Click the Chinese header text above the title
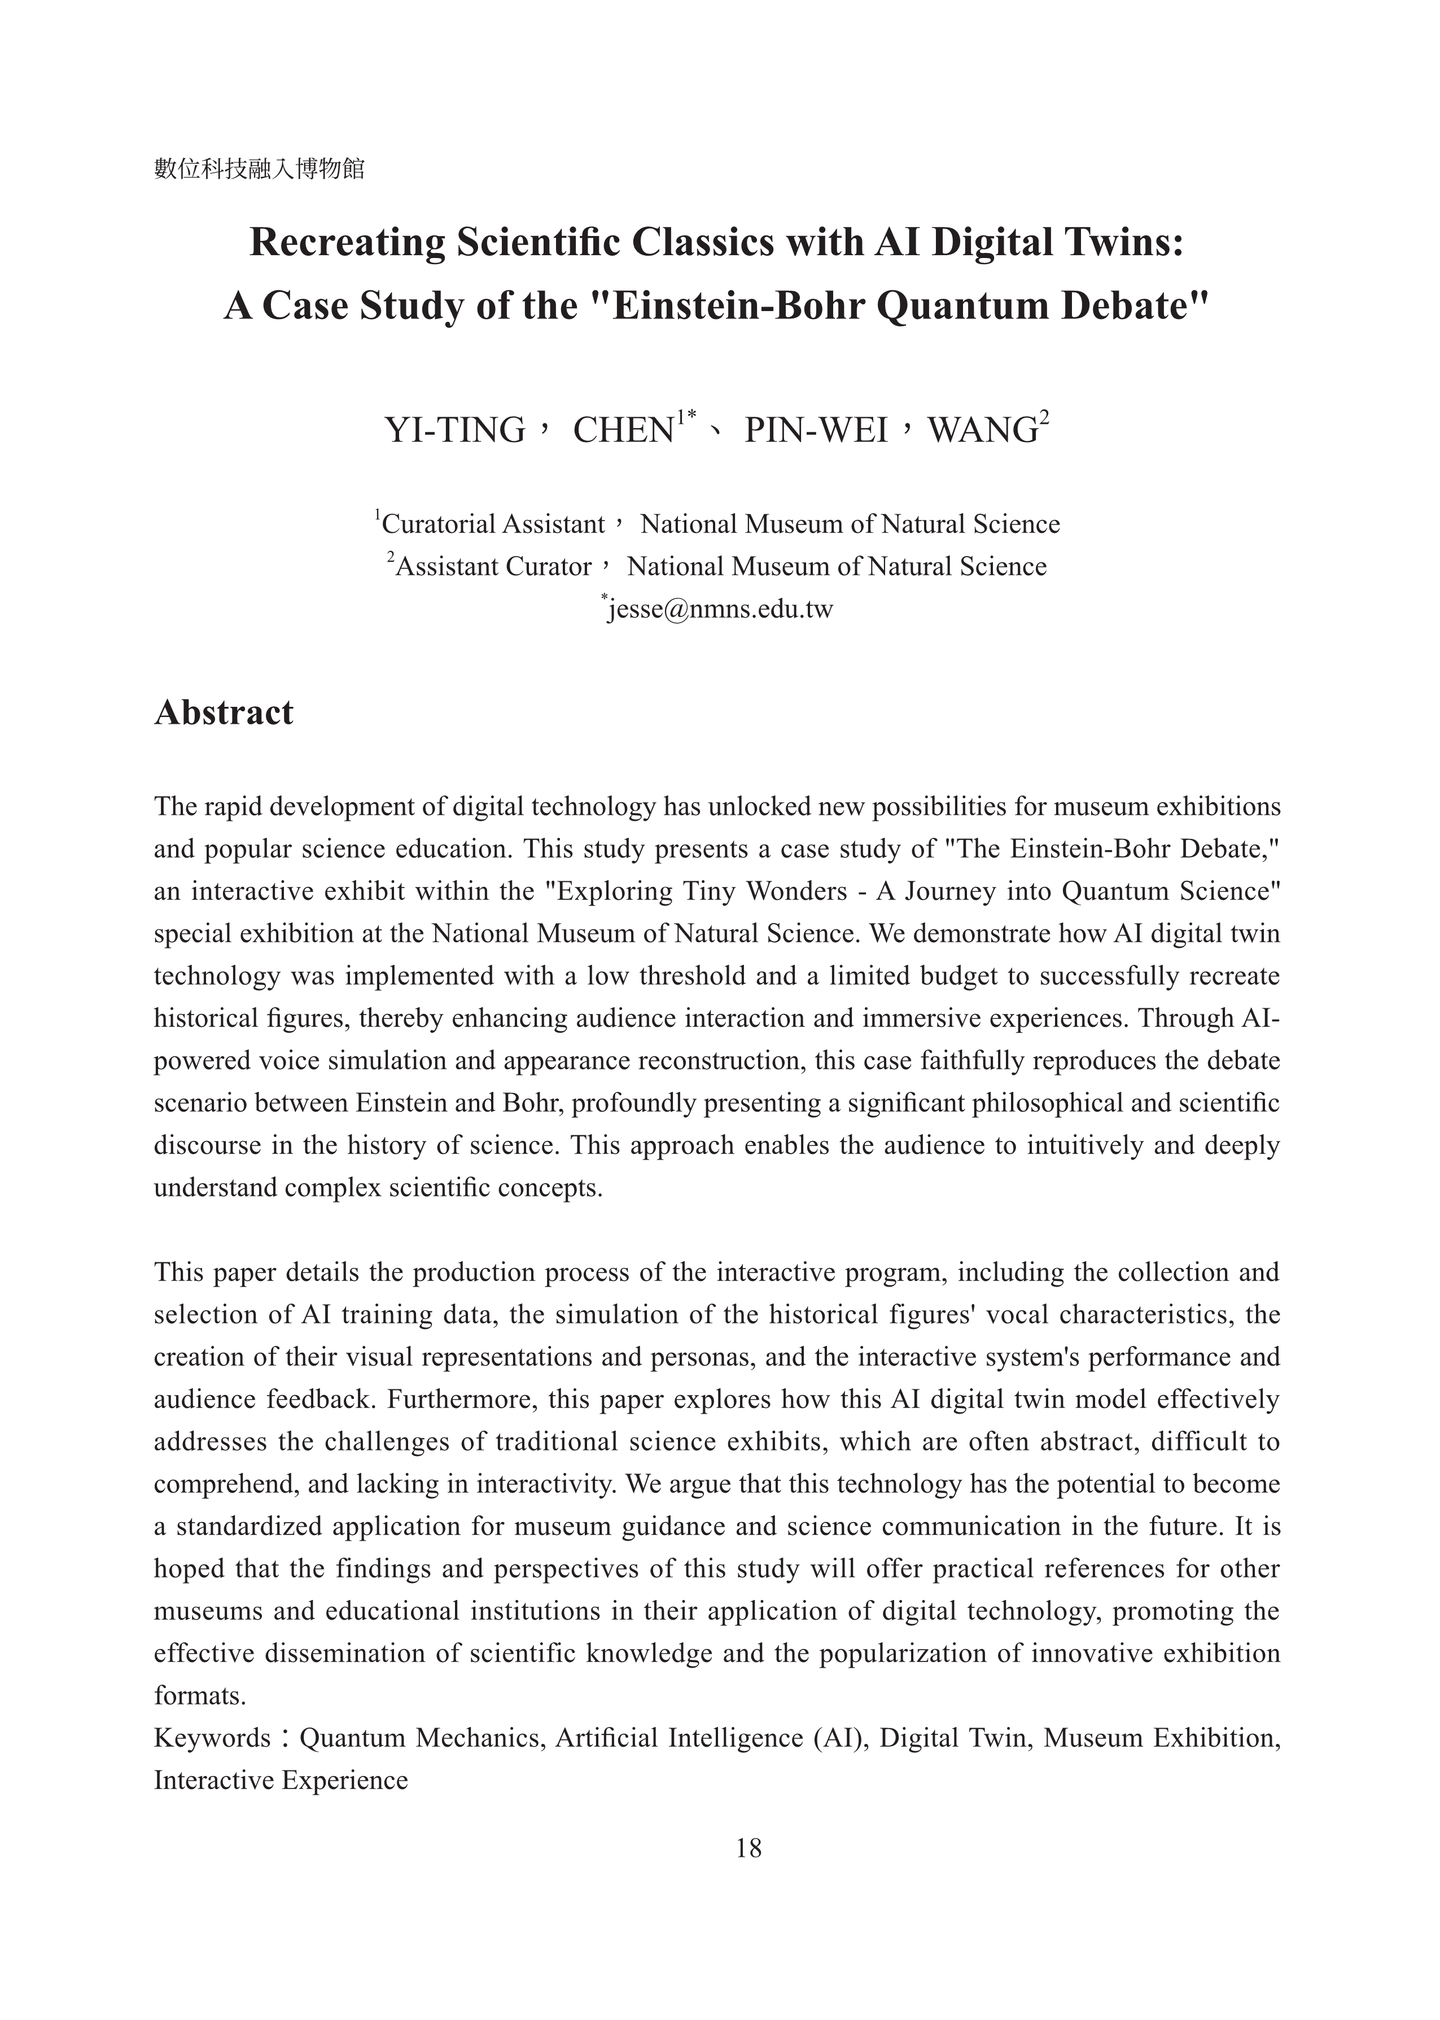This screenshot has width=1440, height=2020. [x=259, y=168]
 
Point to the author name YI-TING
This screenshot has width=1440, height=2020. [x=455, y=430]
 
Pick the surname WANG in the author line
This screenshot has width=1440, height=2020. [x=982, y=430]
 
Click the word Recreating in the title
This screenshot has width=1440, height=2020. [x=347, y=243]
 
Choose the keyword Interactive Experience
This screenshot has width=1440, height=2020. [x=281, y=1779]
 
